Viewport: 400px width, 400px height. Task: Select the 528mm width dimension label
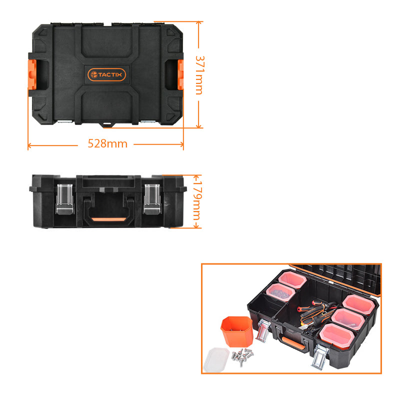(x=107, y=144)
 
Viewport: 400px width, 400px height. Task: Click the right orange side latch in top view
(x=180, y=74)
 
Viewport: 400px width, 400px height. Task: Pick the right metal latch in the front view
(x=152, y=199)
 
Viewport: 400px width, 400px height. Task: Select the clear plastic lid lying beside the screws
(x=217, y=358)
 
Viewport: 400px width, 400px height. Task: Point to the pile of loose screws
(x=241, y=356)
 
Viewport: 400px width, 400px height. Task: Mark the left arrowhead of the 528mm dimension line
(x=29, y=145)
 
